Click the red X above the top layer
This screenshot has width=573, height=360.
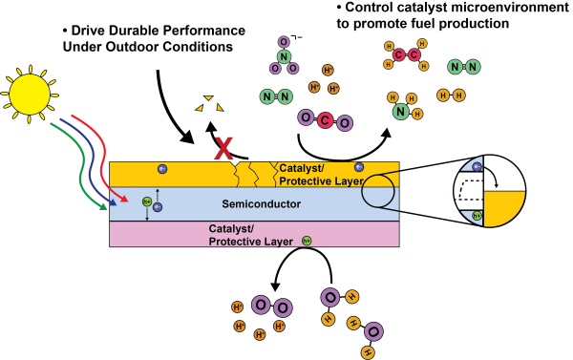coord(223,147)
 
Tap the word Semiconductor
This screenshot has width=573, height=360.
coord(261,204)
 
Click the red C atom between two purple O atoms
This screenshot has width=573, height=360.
coord(325,120)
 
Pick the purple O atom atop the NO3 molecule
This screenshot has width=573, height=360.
coord(284,42)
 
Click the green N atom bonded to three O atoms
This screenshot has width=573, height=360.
coord(284,56)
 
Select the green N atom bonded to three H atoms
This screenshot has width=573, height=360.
coord(401,112)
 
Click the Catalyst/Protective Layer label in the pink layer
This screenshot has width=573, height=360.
coord(247,235)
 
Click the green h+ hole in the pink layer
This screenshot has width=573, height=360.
coord(307,240)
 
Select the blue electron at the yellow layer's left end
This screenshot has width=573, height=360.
coord(162,169)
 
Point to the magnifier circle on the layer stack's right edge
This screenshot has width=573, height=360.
coord(379,191)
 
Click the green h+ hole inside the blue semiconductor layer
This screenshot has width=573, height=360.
coord(147,201)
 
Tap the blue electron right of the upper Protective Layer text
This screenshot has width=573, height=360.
coord(359,167)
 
